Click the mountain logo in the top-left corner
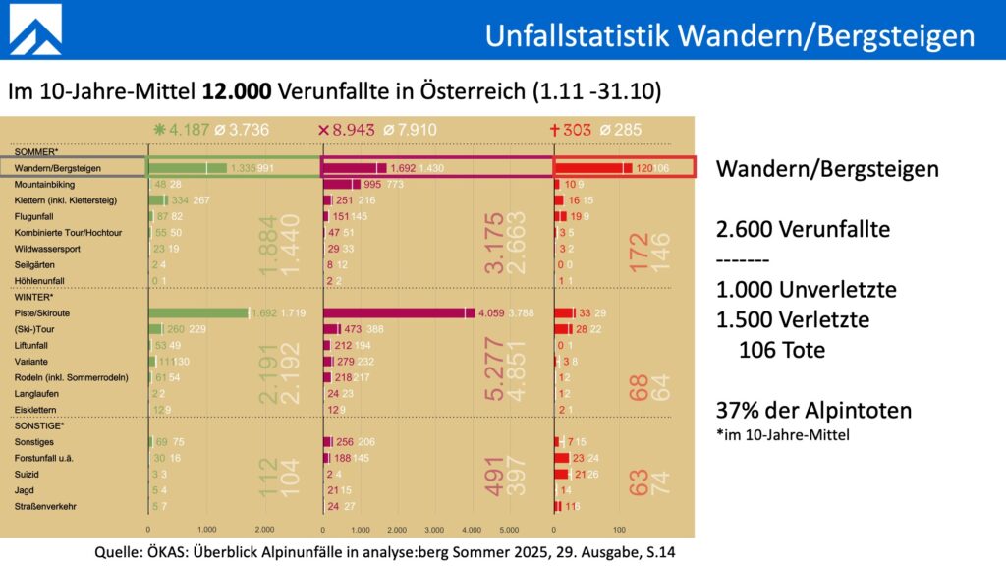pyautogui.click(x=35, y=28)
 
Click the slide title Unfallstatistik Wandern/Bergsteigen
pyautogui.click(x=730, y=35)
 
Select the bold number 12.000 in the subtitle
pyautogui.click(x=239, y=92)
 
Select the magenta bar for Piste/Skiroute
pyautogui.click(x=393, y=313)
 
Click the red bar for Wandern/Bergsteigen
pyautogui.click(x=588, y=168)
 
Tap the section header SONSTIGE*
pyautogui.click(x=37, y=426)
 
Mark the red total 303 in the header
pyautogui.click(x=575, y=129)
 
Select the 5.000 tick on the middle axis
pyautogui.click(x=507, y=529)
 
